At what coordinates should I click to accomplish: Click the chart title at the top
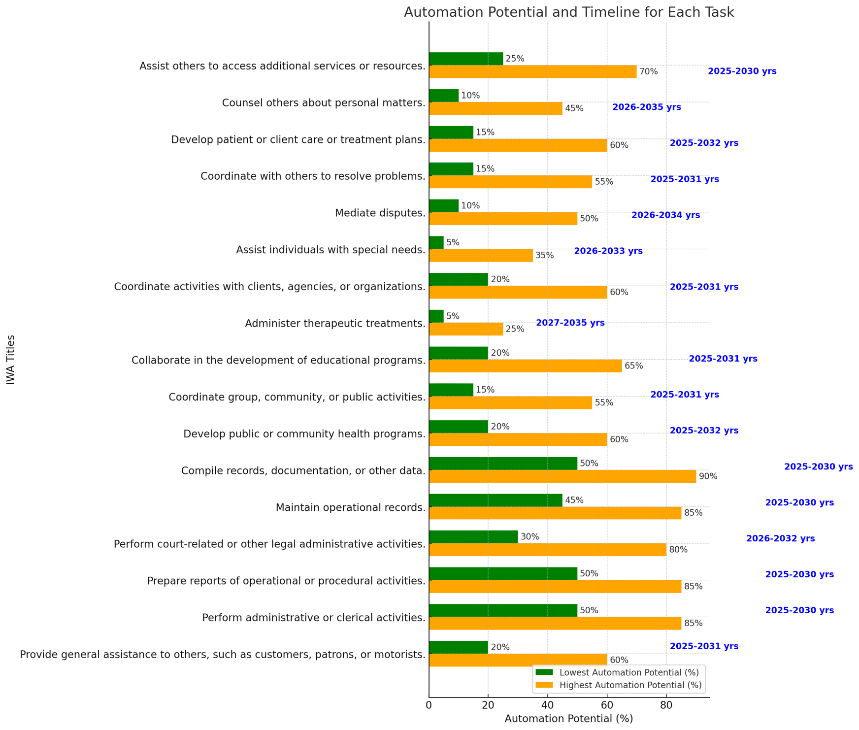click(x=568, y=12)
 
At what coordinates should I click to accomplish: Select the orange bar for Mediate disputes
click(x=503, y=219)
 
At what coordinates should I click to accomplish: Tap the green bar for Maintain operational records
click(x=496, y=500)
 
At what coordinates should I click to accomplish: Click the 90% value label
click(x=708, y=477)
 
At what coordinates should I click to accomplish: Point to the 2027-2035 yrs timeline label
click(x=570, y=323)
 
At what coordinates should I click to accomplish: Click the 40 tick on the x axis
click(x=547, y=705)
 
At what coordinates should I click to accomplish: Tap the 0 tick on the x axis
click(x=429, y=705)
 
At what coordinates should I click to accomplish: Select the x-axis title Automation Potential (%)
click(x=568, y=719)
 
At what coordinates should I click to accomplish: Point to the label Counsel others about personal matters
click(x=324, y=103)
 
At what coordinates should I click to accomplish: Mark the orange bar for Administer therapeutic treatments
click(x=466, y=329)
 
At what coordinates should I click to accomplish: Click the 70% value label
click(x=648, y=72)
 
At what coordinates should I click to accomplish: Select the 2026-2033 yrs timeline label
click(x=608, y=251)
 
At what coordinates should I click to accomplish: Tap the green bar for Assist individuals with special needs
click(x=436, y=243)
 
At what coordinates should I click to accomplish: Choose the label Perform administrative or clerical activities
click(x=314, y=618)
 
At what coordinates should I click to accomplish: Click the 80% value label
click(x=678, y=550)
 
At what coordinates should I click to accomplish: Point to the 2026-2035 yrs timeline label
click(x=646, y=107)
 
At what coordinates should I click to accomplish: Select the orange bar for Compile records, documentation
click(x=562, y=476)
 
